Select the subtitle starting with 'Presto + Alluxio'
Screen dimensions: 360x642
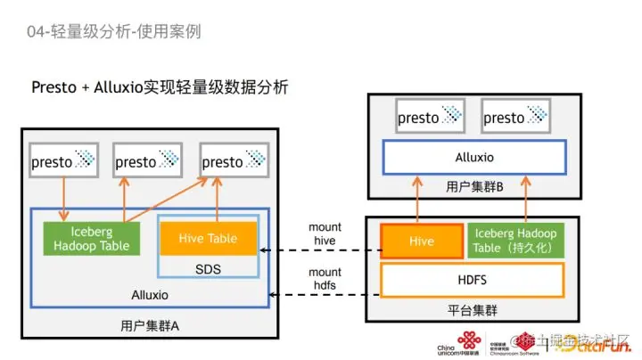click(160, 87)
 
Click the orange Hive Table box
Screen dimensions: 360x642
click(209, 238)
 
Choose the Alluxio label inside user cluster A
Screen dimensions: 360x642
click(149, 294)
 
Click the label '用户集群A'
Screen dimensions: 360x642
click(149, 326)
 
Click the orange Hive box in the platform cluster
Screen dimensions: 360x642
click(421, 241)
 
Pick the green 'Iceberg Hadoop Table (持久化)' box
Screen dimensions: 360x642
click(516, 241)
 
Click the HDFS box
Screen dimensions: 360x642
click(473, 280)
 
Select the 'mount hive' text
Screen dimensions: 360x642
click(325, 233)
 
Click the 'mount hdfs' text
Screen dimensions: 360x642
click(325, 278)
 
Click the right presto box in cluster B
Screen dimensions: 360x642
click(515, 118)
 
